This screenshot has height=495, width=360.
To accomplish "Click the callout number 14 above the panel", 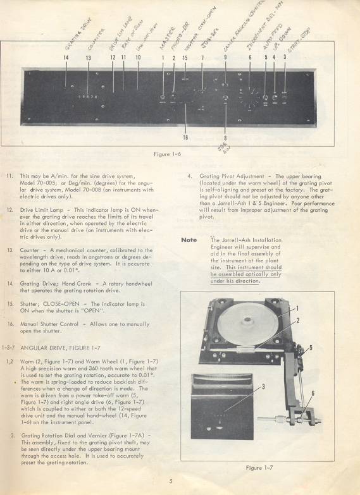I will tap(65, 58).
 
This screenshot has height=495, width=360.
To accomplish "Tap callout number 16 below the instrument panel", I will tap(185, 137).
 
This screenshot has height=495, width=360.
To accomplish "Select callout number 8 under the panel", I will tap(226, 137).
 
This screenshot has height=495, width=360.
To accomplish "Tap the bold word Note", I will tap(189, 240).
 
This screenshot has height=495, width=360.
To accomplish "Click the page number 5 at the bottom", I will tap(171, 481).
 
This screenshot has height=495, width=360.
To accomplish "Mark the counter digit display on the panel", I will tap(88, 97).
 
